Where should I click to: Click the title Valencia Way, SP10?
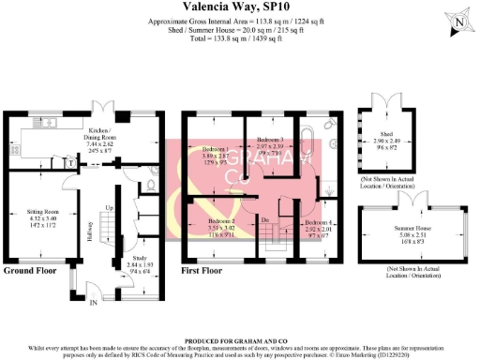click(239, 7)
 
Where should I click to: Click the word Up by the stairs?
click(110, 207)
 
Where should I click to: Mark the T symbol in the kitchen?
click(71, 162)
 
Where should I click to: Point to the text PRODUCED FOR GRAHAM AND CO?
click(239, 340)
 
